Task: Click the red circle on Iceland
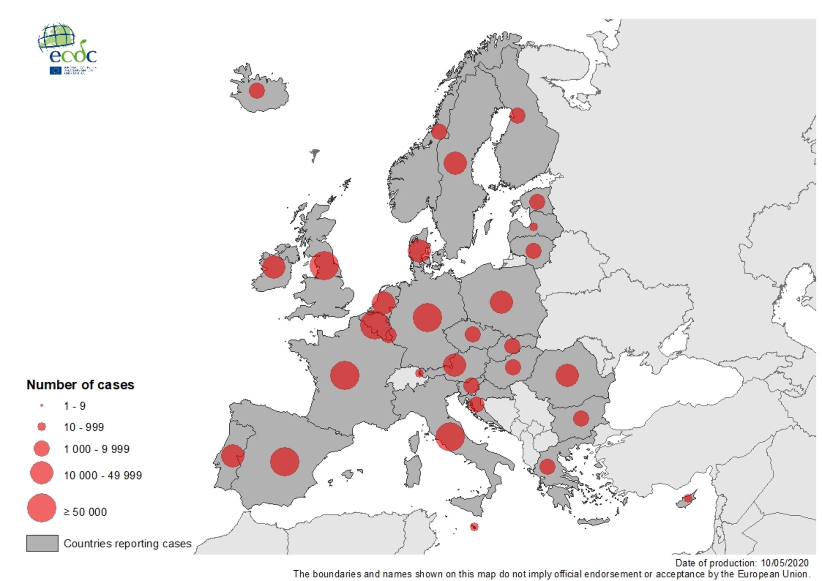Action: [256, 90]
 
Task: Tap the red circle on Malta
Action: [474, 527]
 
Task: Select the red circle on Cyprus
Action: [688, 499]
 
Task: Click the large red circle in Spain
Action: [284, 462]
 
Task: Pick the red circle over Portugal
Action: [233, 456]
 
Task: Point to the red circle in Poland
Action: [501, 302]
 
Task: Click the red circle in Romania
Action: [567, 375]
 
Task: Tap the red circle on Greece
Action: [547, 467]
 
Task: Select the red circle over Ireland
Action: [274, 267]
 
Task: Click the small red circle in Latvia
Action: [533, 227]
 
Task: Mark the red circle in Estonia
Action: [537, 202]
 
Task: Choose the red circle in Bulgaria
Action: [581, 418]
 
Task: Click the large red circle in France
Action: [344, 375]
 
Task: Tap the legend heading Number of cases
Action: [81, 385]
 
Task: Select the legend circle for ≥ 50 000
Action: [42, 508]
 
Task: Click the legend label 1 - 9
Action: [75, 406]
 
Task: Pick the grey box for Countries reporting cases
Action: [42, 543]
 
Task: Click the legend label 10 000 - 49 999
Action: [103, 475]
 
